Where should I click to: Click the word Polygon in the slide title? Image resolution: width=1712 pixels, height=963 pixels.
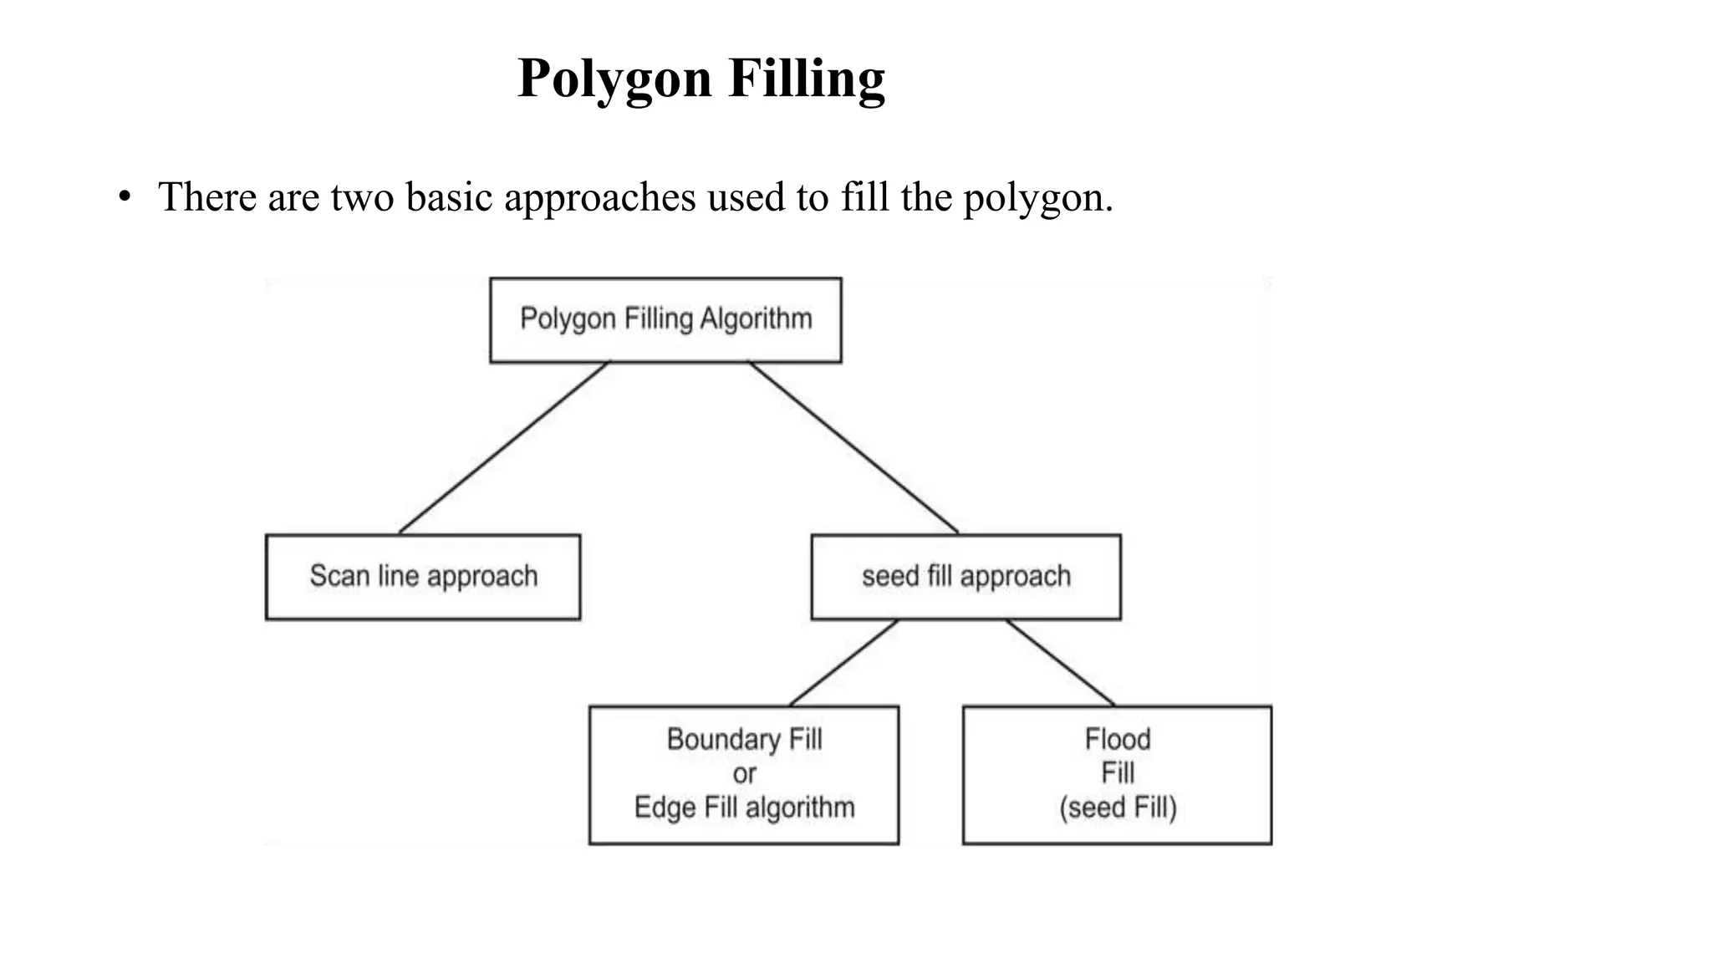coord(614,79)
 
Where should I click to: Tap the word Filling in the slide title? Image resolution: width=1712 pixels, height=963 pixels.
coord(807,79)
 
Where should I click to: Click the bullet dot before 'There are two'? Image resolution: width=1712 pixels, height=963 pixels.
coord(125,198)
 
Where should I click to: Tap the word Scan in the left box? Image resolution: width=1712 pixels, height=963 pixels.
coord(339,576)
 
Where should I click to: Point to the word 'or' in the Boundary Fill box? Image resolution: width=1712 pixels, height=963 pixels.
coord(744,774)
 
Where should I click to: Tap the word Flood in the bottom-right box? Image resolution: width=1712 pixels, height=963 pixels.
coord(1118,739)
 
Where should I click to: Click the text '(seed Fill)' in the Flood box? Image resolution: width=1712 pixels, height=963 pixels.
coord(1118,808)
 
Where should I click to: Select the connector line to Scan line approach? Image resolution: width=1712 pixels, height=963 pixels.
coord(504,447)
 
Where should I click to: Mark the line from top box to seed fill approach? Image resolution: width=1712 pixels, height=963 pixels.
coord(853,447)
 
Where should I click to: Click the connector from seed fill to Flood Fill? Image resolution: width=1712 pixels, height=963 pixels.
coord(1060,662)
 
